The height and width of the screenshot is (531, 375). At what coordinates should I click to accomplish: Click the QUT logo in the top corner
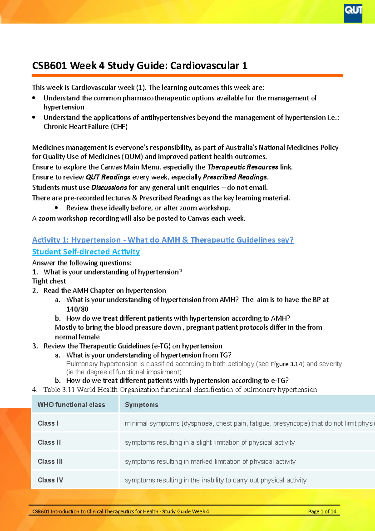[x=353, y=13]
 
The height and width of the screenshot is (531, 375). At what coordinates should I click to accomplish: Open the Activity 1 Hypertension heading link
[x=163, y=240]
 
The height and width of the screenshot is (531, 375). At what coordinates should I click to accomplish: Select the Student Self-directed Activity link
[x=86, y=252]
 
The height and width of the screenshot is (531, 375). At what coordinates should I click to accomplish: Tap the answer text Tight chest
[x=49, y=281]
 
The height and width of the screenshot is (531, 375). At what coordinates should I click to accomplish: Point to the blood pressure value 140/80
[x=77, y=309]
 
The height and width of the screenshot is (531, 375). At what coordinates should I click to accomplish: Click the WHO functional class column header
[x=71, y=405]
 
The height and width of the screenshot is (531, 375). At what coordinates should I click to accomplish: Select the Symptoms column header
[x=142, y=405]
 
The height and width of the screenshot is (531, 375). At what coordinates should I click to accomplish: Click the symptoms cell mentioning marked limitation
[x=210, y=462]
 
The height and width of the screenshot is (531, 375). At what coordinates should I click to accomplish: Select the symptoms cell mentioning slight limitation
[x=210, y=442]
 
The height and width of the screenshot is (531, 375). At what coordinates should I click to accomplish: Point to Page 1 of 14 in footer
[x=322, y=512]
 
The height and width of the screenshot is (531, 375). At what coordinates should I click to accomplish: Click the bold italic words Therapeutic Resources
[x=243, y=167]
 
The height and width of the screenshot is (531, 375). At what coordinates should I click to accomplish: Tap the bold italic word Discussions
[x=109, y=188]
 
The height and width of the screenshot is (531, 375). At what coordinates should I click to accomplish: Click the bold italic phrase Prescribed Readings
[x=235, y=177]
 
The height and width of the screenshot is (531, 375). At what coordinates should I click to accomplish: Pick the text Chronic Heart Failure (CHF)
[x=85, y=127]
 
